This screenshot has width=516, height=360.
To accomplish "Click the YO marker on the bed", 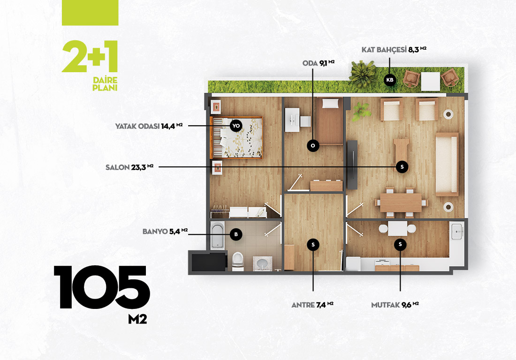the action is pos(236,126).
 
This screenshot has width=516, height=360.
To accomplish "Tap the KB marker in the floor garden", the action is pos(390,80).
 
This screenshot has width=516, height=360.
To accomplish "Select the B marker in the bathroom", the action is pos(236,234).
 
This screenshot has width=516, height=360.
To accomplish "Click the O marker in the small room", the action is pos(313,145).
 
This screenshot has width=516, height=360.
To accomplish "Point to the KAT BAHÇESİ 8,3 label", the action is pos(394,50).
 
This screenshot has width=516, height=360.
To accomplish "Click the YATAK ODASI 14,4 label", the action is pos(149,126).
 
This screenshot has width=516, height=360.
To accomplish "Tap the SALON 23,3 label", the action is pos(129,167).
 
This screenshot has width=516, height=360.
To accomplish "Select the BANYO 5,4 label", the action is pos(165,232).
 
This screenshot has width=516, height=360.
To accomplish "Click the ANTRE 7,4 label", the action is pos(312,305).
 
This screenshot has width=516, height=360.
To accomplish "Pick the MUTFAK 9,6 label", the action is pos(395,305).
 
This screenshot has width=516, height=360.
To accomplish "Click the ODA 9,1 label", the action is pos(318,63).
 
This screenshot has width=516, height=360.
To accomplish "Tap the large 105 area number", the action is pos(102,287).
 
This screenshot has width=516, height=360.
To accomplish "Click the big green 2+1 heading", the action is pos(90,56).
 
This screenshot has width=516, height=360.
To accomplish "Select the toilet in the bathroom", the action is pos(238,261).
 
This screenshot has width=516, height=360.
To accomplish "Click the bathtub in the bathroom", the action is pos(218,235).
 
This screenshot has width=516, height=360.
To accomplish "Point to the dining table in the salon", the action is pos(401,202).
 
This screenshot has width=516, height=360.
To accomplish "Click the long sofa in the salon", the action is pos(447,165).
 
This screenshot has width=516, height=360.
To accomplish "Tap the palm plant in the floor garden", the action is pos(362,74).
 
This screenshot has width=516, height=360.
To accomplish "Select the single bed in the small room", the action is pos(330,121).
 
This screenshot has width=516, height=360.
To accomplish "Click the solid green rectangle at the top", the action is pos(90,13).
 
